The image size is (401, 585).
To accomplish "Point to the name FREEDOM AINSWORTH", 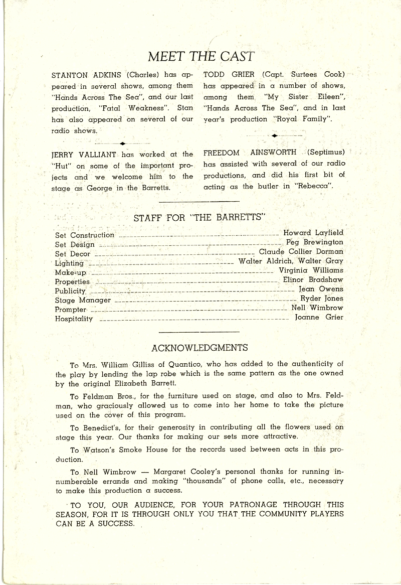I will click(x=250, y=152).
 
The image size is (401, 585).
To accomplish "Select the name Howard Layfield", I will click(x=313, y=233).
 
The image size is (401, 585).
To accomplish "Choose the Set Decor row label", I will click(x=73, y=254).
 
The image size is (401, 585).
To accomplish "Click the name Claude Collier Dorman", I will click(x=301, y=251).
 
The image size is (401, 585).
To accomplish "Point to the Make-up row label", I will click(x=71, y=272).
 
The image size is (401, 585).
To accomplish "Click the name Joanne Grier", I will click(x=319, y=317).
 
